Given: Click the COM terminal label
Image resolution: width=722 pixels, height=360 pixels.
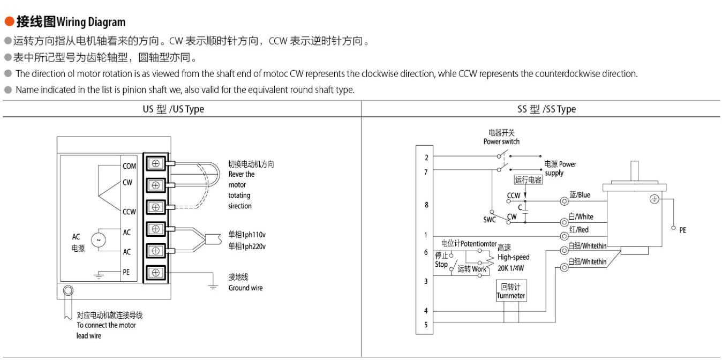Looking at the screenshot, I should (129, 166).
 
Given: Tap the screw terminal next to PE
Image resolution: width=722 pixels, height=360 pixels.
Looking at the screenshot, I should (156, 272).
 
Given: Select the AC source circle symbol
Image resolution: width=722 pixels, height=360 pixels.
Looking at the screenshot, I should (98, 241).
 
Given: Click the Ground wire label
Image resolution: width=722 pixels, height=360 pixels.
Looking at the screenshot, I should (245, 288).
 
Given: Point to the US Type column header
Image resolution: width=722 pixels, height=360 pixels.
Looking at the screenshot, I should (173, 109).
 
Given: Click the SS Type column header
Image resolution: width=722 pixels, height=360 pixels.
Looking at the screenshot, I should (546, 109).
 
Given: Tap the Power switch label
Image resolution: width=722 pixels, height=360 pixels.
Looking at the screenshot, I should (501, 141).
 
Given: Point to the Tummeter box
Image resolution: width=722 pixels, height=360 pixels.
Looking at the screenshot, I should (510, 291).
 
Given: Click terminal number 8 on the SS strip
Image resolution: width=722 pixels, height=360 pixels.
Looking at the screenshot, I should (426, 205).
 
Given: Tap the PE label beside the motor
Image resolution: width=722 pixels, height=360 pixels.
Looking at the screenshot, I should (682, 230).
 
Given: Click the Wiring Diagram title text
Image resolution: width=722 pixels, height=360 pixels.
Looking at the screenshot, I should (91, 22).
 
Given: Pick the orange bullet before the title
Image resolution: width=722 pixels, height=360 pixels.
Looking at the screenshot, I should (9, 22).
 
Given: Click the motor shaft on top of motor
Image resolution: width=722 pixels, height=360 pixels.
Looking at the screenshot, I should (635, 171).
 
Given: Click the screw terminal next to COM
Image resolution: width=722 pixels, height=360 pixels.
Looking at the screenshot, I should (156, 163).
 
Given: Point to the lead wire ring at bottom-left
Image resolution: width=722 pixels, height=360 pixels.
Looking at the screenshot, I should (68, 291).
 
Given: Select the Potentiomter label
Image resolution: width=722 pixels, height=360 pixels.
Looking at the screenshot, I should (478, 244).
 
